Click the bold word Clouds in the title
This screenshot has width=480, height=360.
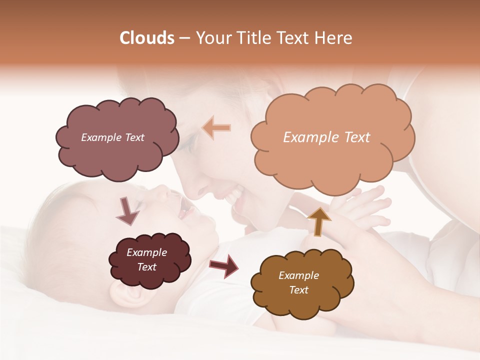(147, 38)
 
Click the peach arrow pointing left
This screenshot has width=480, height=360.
(216, 127)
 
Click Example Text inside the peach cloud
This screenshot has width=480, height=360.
(326, 137)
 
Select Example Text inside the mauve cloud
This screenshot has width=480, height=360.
(112, 137)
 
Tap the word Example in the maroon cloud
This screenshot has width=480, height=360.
(146, 252)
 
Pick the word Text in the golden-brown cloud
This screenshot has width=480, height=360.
(298, 290)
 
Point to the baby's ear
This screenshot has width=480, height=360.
(127, 295)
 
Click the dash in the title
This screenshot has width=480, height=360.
(184, 38)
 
